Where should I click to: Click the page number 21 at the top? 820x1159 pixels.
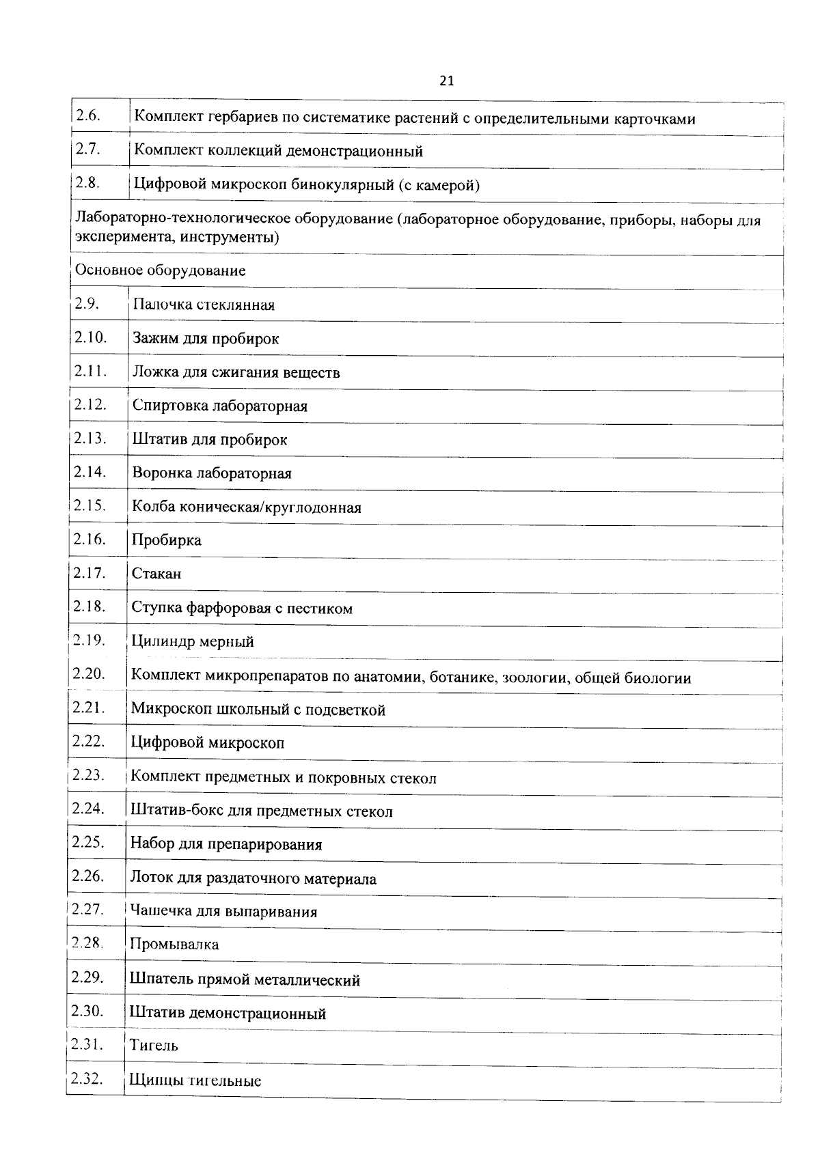point(446,81)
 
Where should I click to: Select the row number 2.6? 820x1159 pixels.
point(88,115)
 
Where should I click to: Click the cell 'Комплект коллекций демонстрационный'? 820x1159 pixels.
point(278,152)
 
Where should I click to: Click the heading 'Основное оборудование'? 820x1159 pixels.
point(161,270)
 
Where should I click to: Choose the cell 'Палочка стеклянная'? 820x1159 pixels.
point(204,305)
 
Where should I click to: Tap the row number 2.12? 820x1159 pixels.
point(90,404)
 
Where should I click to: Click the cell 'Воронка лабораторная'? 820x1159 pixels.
point(212,473)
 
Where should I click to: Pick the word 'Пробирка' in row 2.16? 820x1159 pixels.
point(167,540)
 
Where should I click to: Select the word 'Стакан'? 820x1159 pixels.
point(156,574)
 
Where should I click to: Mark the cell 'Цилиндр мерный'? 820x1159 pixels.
point(193,642)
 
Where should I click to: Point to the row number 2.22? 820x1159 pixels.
point(88,741)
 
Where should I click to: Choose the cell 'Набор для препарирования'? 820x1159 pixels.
point(226,845)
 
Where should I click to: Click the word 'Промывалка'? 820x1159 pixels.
point(175,945)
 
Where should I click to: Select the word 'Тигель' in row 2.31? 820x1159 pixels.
point(154,1046)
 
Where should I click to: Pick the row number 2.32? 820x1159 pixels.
point(87,1079)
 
